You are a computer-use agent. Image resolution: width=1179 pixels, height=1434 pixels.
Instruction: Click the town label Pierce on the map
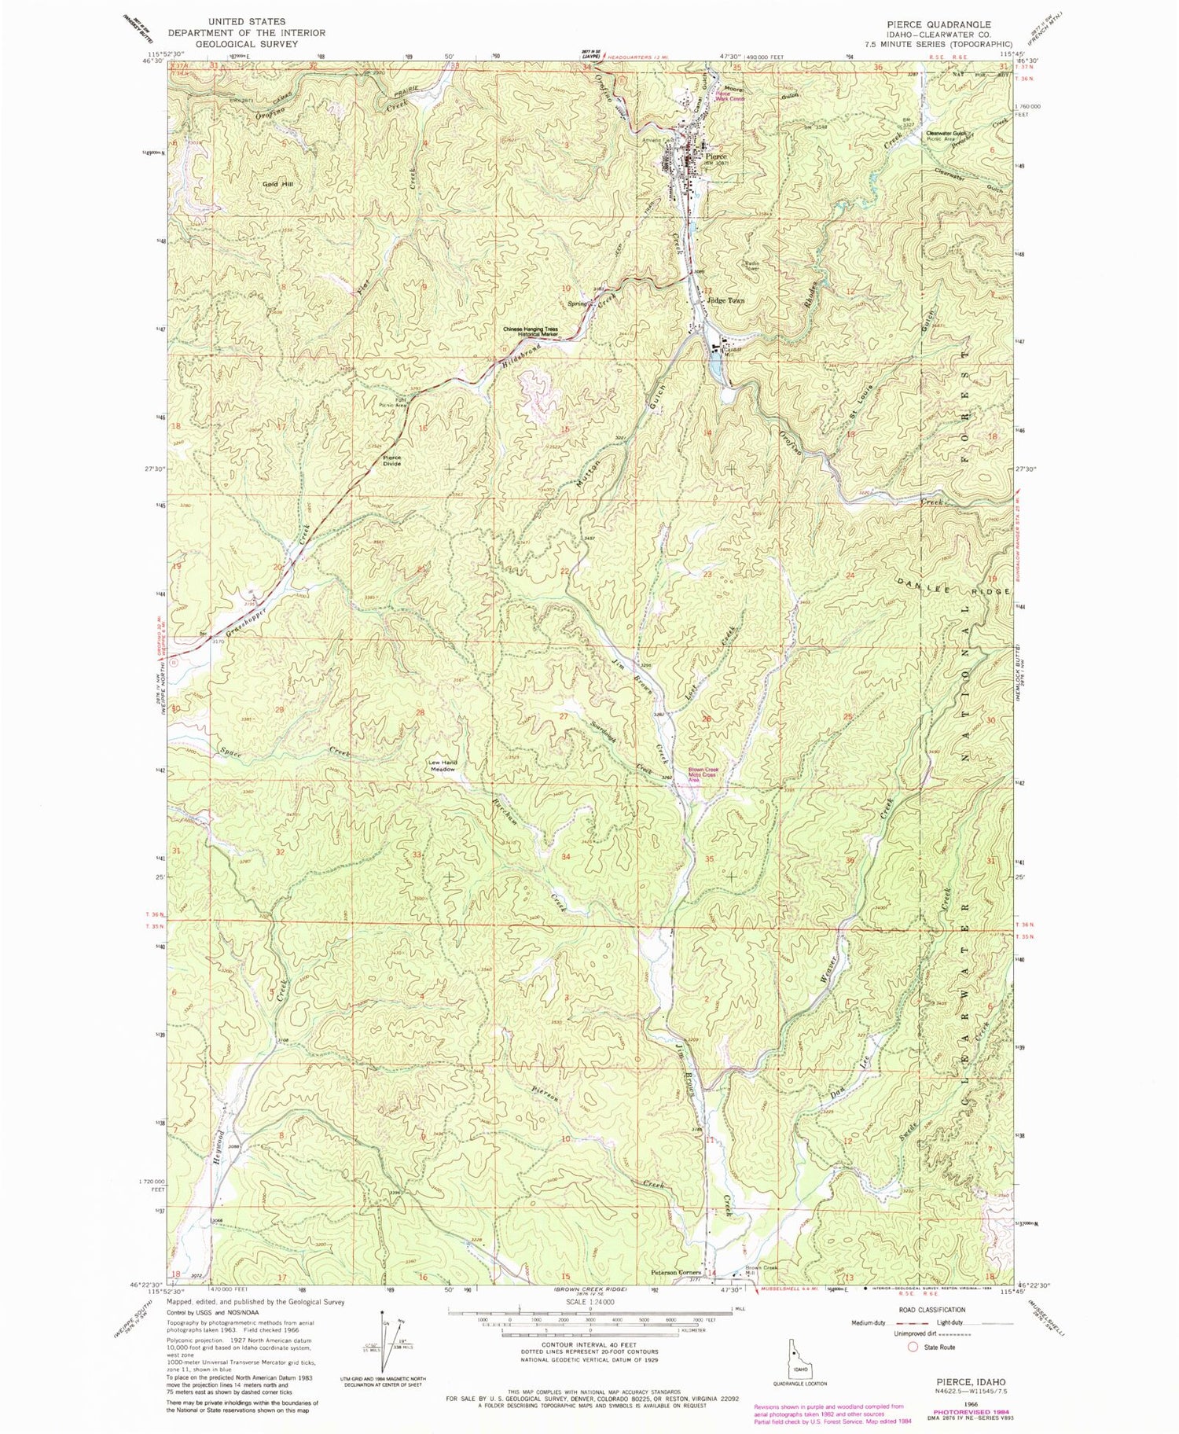click(716, 156)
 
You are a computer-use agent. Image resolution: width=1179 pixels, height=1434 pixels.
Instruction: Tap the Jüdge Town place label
click(725, 300)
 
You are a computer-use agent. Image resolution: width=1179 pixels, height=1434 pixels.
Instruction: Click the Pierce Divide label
click(391, 461)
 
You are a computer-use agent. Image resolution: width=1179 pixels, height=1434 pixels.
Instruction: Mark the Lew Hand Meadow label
click(443, 765)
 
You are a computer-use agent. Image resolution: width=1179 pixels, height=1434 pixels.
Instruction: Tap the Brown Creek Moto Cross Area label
click(703, 774)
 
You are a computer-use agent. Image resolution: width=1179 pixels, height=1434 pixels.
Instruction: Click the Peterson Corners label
click(676, 1273)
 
